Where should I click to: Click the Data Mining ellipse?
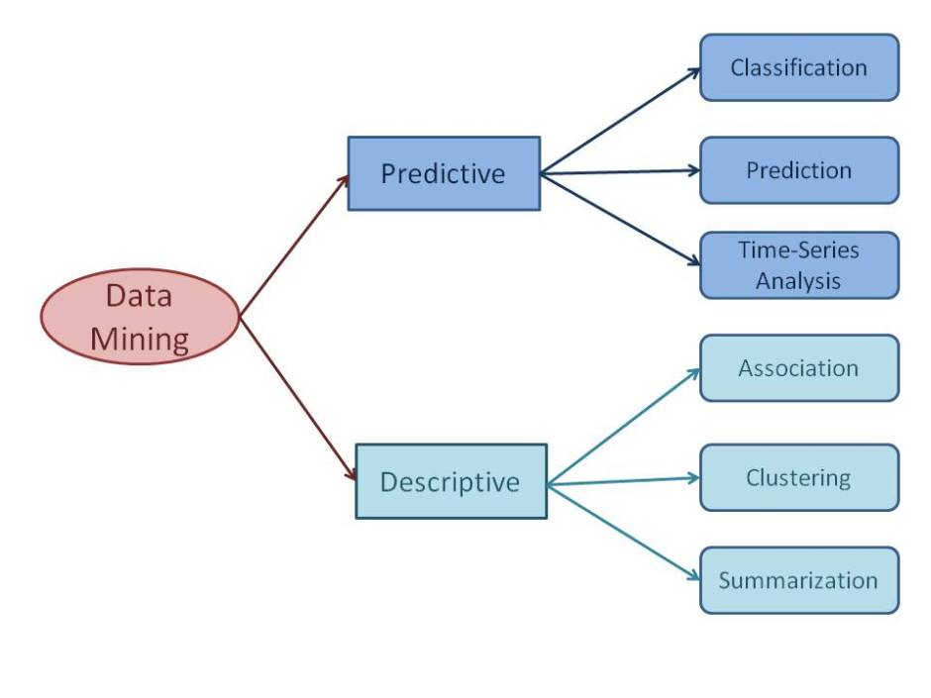pyautogui.click(x=140, y=317)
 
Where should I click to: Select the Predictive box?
pyautogui.click(x=444, y=173)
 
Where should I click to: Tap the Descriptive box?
pyautogui.click(x=451, y=481)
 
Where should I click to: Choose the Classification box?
pyautogui.click(x=799, y=67)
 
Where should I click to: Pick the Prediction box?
pyautogui.click(x=799, y=170)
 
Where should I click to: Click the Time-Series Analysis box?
pyautogui.click(x=799, y=265)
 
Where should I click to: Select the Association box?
pyautogui.click(x=799, y=368)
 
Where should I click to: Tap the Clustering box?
pyautogui.click(x=799, y=477)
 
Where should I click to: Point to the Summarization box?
pyautogui.click(x=799, y=580)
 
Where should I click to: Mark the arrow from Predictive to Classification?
pyautogui.click(x=620, y=121)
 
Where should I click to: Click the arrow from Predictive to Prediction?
pyautogui.click(x=620, y=172)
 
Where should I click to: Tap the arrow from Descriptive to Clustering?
pyautogui.click(x=624, y=481)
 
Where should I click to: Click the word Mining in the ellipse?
pyautogui.click(x=140, y=340)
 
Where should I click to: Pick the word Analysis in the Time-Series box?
pyautogui.click(x=798, y=280)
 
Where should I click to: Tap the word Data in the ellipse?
pyautogui.click(x=139, y=296)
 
